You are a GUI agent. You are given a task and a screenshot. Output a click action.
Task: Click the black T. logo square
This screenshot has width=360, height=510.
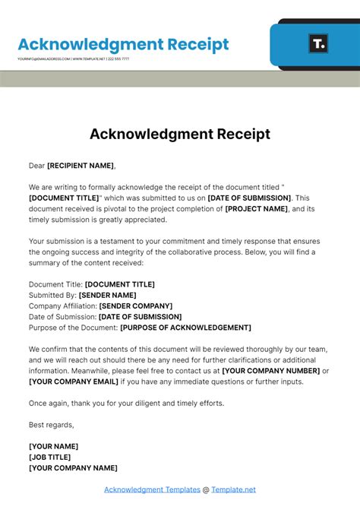(x=319, y=43)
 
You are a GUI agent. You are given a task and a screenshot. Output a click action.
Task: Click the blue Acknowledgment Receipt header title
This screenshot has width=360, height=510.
(x=123, y=44)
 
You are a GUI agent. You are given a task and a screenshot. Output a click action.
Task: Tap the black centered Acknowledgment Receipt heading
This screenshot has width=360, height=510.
(x=180, y=134)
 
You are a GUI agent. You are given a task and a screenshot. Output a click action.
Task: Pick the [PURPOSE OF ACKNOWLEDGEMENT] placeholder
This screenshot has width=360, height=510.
(x=186, y=328)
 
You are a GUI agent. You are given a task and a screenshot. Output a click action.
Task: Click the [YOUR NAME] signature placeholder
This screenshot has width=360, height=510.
(x=53, y=446)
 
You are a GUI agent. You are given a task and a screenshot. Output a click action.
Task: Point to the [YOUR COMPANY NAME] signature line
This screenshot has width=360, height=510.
(x=73, y=468)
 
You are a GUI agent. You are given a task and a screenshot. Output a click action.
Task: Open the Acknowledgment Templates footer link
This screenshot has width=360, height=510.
(x=152, y=489)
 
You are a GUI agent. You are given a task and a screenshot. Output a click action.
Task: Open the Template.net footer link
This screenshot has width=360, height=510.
(x=233, y=489)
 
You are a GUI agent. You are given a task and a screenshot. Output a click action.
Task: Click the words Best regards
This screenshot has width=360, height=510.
(x=52, y=425)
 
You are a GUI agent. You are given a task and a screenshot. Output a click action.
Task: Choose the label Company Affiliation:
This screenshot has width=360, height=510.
(x=63, y=306)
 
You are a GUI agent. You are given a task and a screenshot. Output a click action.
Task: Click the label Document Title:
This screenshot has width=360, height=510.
(x=55, y=284)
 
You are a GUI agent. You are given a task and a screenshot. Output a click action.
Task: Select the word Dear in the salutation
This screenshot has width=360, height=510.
(x=37, y=165)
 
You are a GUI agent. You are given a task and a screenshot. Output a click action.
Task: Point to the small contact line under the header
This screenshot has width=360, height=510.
(x=73, y=59)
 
